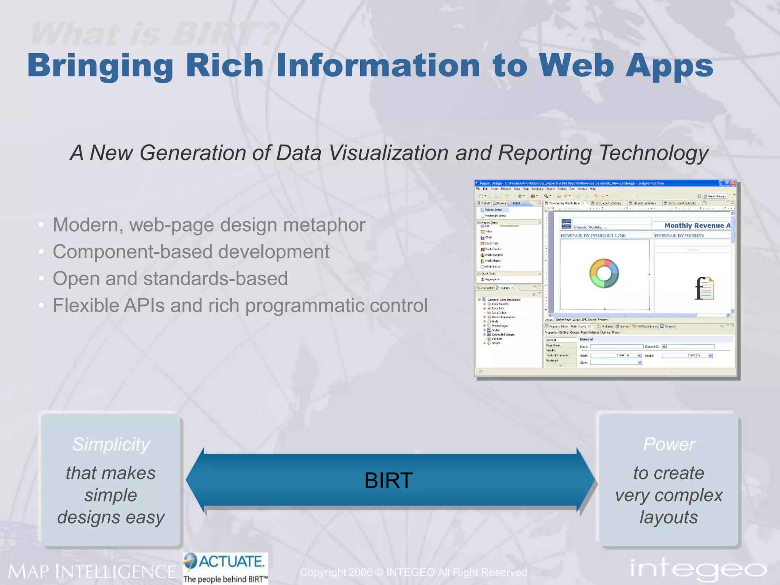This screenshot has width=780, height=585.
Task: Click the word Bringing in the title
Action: (x=100, y=66)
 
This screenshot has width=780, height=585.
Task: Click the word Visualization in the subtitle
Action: (x=389, y=153)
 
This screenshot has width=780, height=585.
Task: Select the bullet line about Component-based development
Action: (x=191, y=252)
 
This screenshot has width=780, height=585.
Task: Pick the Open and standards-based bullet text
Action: (x=170, y=278)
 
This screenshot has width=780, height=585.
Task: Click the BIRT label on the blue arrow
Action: (x=388, y=480)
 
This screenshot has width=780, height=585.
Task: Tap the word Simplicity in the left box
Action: (x=111, y=444)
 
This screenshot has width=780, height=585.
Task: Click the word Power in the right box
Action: (x=669, y=444)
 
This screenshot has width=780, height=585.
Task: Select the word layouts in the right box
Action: (x=668, y=517)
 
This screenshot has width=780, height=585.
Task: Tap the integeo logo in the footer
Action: (x=698, y=569)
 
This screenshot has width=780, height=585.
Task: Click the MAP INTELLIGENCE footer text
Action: (x=92, y=572)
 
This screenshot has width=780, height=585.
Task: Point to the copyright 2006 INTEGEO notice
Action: (x=413, y=572)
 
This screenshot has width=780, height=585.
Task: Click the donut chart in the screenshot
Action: (x=604, y=273)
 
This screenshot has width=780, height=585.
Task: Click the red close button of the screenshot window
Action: (x=733, y=183)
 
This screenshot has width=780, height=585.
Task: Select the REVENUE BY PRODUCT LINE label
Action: (x=593, y=235)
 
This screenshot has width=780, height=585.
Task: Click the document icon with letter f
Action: (x=704, y=288)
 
